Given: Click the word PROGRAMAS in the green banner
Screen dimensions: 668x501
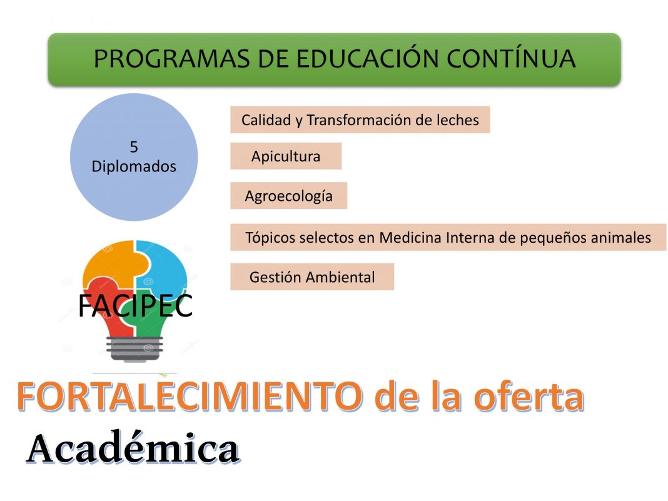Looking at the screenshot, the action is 171,59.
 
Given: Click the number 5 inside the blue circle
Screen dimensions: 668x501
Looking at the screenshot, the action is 134,147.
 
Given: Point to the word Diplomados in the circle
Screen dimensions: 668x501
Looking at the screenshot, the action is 134,166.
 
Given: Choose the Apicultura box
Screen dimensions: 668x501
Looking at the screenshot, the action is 286,156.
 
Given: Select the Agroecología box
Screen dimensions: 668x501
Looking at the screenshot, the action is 289,196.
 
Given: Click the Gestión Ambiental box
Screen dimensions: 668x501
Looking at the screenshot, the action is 312,277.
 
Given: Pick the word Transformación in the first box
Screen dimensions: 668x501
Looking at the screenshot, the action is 359,120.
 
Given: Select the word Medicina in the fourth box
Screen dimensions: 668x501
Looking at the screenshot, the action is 410,237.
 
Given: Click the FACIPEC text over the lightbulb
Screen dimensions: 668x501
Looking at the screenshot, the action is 136,305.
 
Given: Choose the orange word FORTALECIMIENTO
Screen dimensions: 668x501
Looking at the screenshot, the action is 190,396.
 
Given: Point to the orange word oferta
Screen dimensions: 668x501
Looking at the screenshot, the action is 529,396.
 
